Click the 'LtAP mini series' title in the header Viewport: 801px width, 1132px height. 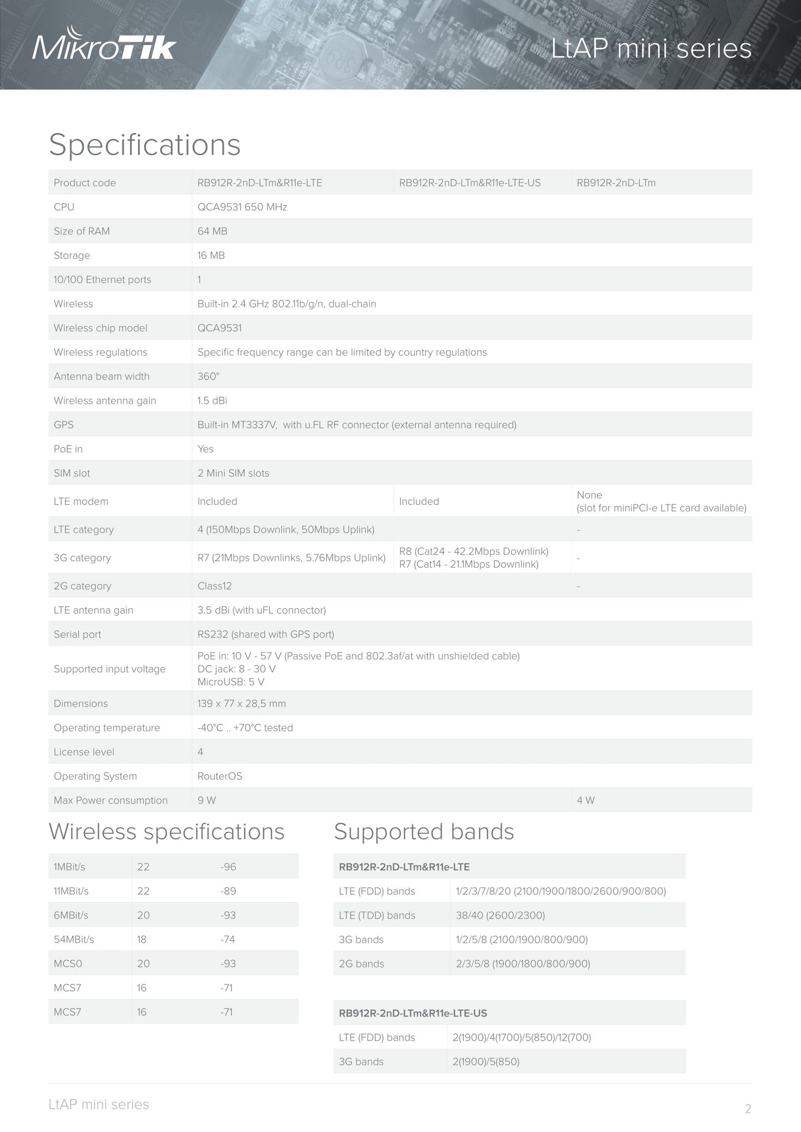pyautogui.click(x=651, y=49)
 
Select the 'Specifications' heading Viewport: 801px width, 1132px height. pyautogui.click(x=145, y=145)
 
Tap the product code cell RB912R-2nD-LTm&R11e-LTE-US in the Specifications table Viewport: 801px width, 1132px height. pyautogui.click(x=470, y=183)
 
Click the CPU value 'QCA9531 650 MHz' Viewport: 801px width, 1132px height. pyautogui.click(x=242, y=207)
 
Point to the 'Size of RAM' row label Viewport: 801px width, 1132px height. pyautogui.click(x=81, y=232)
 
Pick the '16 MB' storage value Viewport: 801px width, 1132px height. pyautogui.click(x=211, y=255)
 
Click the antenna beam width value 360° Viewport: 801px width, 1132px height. pyautogui.click(x=208, y=377)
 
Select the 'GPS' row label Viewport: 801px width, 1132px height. pyautogui.click(x=64, y=425)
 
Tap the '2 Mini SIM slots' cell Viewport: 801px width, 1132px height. pyautogui.click(x=233, y=473)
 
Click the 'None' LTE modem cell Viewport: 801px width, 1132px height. pyautogui.click(x=589, y=495)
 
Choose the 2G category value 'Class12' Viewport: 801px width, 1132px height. pyautogui.click(x=215, y=586)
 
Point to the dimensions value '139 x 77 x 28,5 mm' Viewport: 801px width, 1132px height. pyautogui.click(x=242, y=704)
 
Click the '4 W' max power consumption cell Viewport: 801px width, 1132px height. pyautogui.click(x=586, y=801)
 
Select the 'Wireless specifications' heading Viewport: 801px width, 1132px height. pyautogui.click(x=167, y=832)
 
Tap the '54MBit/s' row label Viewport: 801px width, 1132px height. pyautogui.click(x=74, y=940)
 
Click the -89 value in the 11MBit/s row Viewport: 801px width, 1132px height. pyautogui.click(x=228, y=892)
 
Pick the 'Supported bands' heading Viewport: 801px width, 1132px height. pyautogui.click(x=424, y=832)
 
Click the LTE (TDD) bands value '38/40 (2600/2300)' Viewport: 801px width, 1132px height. pyautogui.click(x=500, y=915)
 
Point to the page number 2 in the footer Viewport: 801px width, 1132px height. pyautogui.click(x=748, y=1109)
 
